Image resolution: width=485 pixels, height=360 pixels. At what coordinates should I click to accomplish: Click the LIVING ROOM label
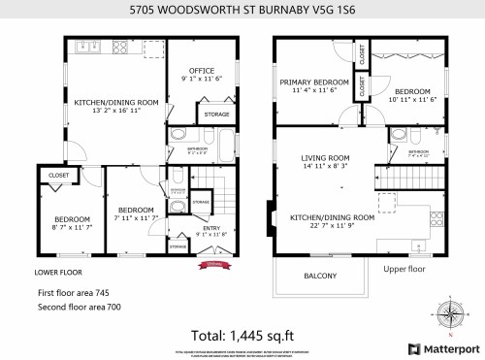(325, 158)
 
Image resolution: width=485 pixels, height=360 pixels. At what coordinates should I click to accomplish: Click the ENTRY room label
(210, 230)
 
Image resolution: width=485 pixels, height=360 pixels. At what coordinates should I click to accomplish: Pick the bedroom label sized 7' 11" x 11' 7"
(136, 213)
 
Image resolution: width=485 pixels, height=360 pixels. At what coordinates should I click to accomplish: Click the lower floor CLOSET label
(55, 176)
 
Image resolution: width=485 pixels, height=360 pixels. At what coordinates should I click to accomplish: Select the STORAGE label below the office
(216, 115)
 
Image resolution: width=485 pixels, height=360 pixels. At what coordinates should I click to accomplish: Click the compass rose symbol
(450, 313)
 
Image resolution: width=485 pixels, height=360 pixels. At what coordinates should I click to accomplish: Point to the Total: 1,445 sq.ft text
(242, 334)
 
